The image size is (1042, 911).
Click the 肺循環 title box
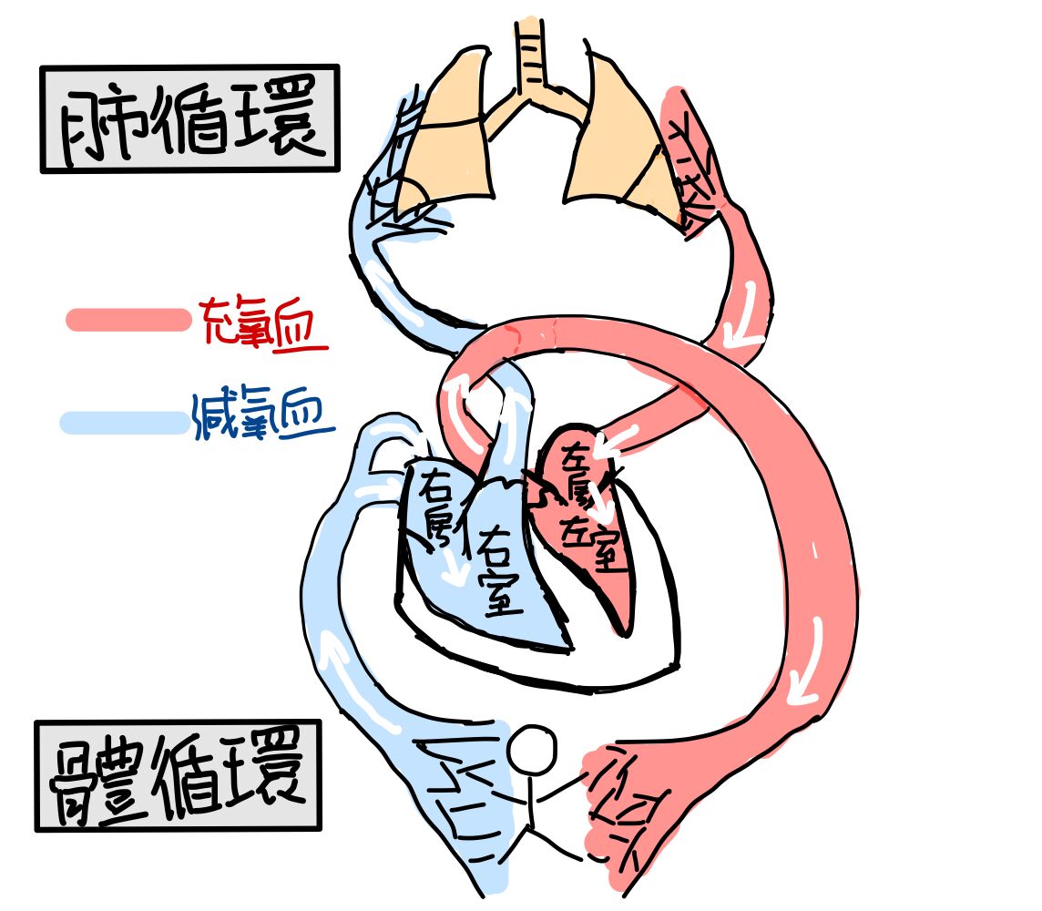pos(190,119)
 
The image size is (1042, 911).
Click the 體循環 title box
pos(179,775)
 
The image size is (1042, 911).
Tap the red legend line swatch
pos(128,320)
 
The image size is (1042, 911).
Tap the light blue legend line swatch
pos(124,423)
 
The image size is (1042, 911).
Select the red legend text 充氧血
pos(262,322)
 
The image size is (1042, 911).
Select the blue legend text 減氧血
pos(262,415)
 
